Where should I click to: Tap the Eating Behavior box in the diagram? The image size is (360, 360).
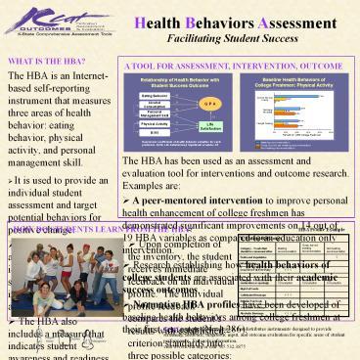[x=154, y=96]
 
